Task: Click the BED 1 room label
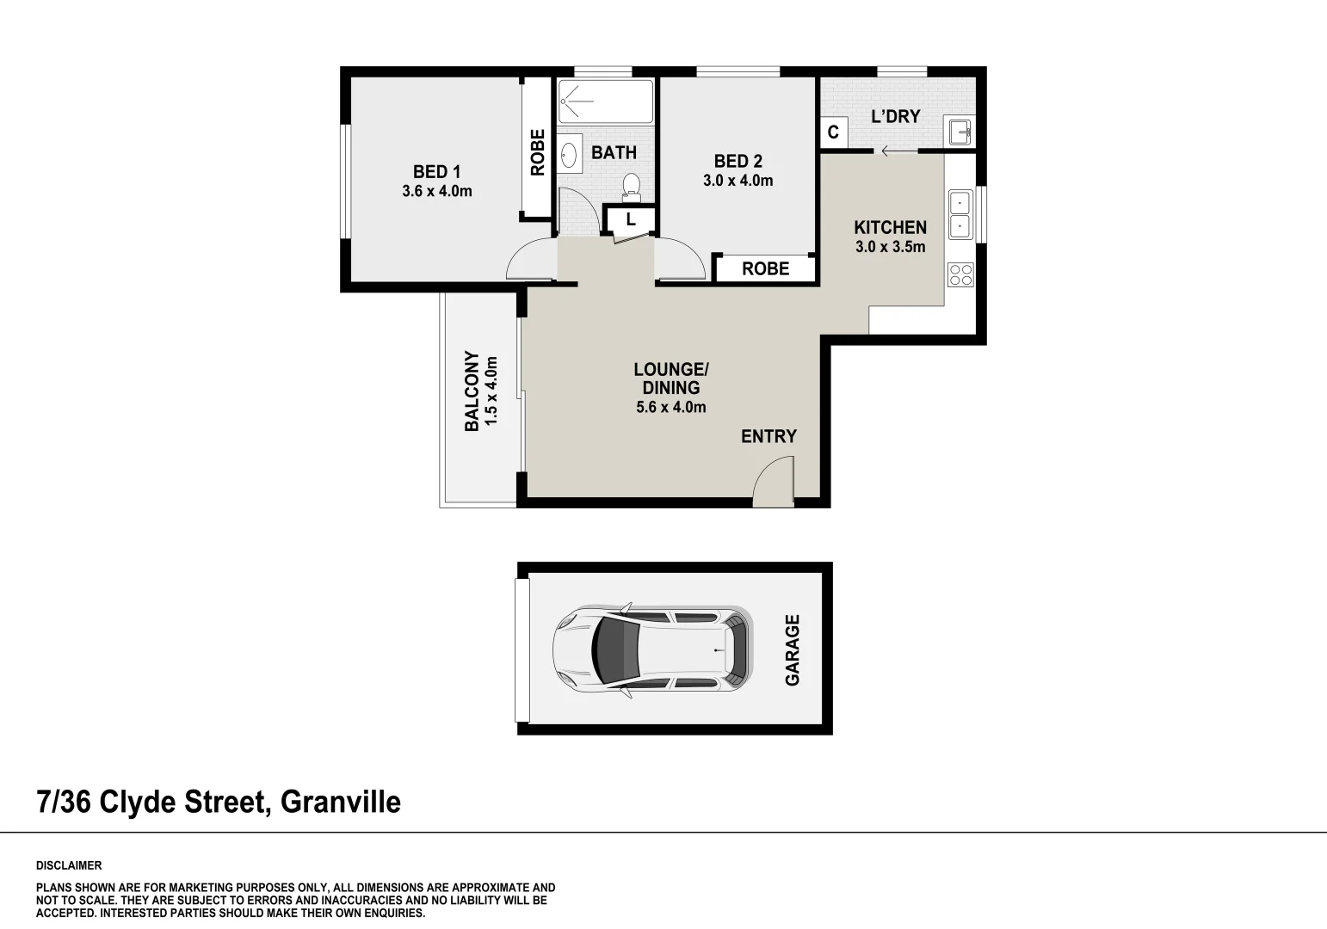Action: tap(436, 172)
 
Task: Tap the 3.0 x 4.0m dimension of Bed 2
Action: tap(738, 181)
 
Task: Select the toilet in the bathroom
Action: tap(632, 187)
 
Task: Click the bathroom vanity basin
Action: tap(569, 155)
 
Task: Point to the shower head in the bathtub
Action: tap(564, 102)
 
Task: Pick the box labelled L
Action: tap(630, 219)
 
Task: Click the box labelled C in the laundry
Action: tap(833, 132)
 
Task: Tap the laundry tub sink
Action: tap(960, 131)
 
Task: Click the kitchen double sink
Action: tap(960, 214)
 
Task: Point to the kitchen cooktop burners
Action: tap(960, 274)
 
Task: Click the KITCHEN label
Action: tap(890, 227)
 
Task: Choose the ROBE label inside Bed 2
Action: tap(765, 269)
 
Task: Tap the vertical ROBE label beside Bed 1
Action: tap(537, 153)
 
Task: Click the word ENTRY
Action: tap(768, 436)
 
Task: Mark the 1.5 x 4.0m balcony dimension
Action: tap(491, 391)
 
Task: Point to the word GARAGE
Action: tap(792, 650)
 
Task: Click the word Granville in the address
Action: tap(341, 803)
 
